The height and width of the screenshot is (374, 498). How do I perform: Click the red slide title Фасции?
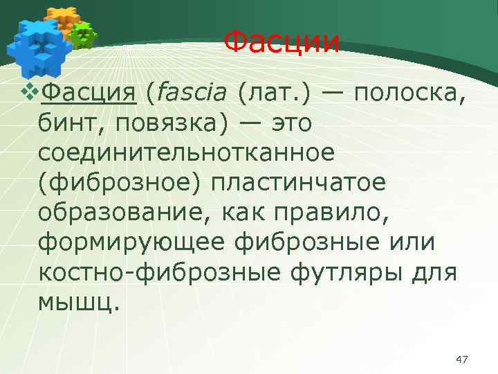click(x=283, y=42)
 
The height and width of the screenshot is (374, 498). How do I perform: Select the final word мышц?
click(x=78, y=303)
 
